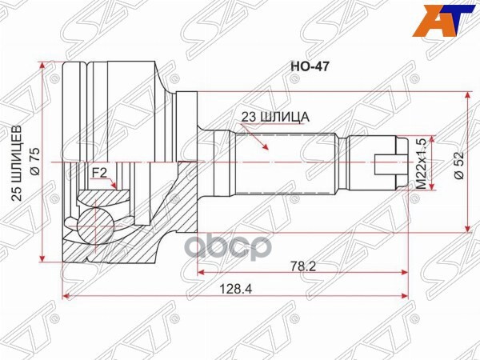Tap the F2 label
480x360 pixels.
coord(98,172)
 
